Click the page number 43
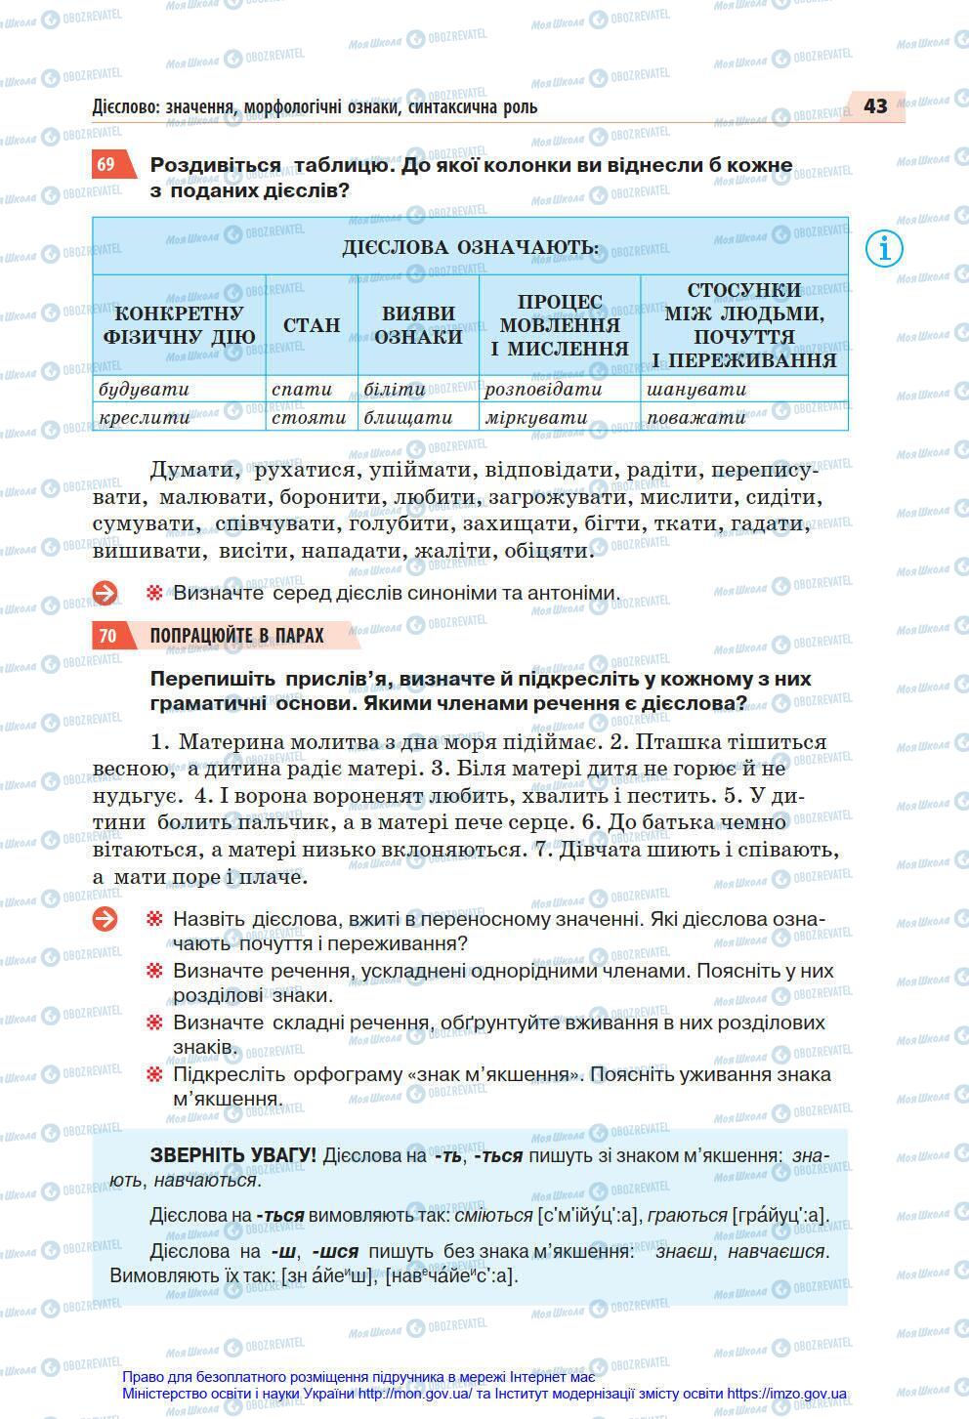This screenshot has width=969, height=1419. pos(874,105)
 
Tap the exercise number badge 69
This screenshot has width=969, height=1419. pos(106,164)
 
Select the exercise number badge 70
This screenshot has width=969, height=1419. pos(107,636)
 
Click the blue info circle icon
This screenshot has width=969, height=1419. pos(884,248)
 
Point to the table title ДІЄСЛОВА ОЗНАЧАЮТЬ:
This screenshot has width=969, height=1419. pos(470,247)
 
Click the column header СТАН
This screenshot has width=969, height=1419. pos(312,325)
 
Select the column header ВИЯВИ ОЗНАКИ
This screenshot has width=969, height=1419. pos(418,325)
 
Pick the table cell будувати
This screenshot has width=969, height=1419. pos(145,389)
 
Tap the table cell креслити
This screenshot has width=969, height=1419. pos(145,417)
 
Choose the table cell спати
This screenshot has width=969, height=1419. pos(302,389)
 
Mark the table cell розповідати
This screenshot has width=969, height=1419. pos(543,389)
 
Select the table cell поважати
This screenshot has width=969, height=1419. pos(695,417)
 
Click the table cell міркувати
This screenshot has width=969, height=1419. pos(536,417)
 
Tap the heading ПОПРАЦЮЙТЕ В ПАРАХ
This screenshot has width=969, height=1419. pos(236,636)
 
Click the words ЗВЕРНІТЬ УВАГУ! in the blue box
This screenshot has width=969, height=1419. pos(232,1155)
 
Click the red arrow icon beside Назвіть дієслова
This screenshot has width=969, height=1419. pos(105,919)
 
